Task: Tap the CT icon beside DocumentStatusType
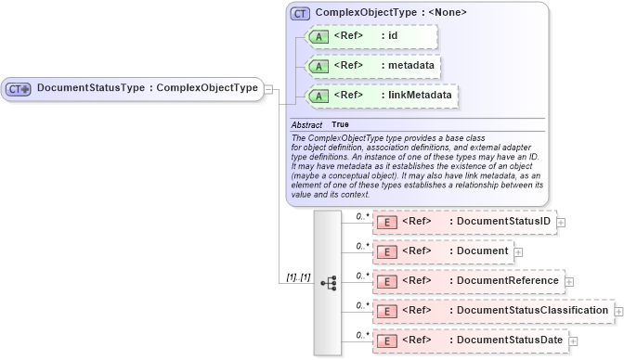click(x=19, y=89)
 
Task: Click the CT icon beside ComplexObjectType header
click(x=300, y=13)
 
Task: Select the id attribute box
click(x=366, y=37)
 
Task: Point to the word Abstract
click(x=306, y=124)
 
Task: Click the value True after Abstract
click(x=340, y=124)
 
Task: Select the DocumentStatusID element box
click(x=463, y=222)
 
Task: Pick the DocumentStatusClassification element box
click(x=492, y=310)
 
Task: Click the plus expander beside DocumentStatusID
click(x=561, y=223)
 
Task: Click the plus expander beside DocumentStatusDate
click(x=573, y=341)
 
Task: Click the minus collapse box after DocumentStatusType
click(x=268, y=89)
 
